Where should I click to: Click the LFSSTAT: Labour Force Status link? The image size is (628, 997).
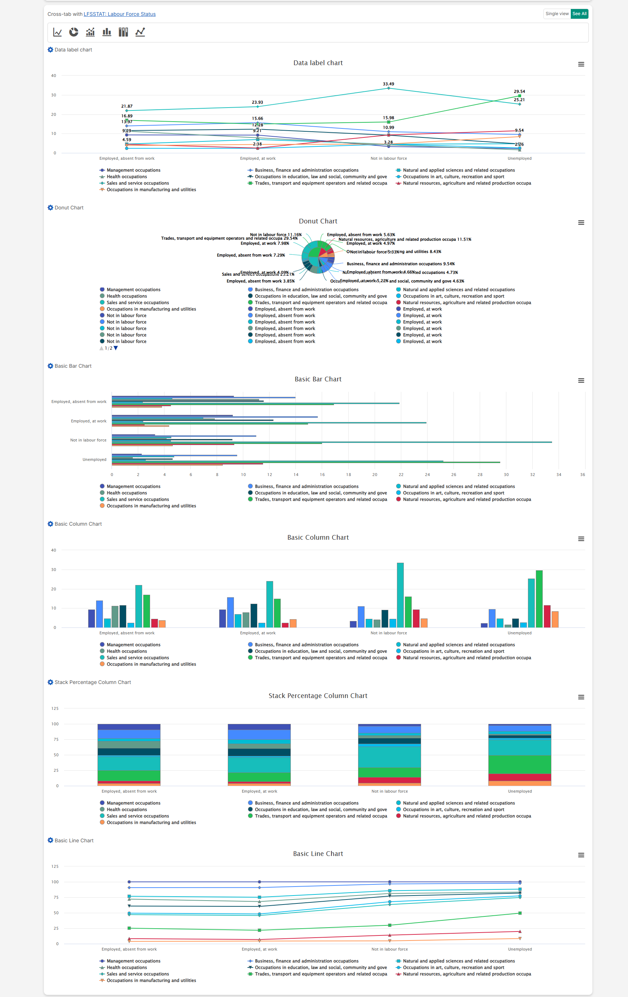tap(119, 14)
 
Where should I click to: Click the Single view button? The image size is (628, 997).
tap(557, 14)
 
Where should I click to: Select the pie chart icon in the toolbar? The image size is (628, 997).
tap(74, 32)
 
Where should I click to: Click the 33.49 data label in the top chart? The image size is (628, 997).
tap(388, 84)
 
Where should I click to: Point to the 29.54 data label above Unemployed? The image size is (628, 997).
tap(519, 91)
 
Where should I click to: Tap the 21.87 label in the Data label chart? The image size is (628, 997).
tap(127, 107)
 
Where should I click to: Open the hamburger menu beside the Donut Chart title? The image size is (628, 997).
tap(581, 223)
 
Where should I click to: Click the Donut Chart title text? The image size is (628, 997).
tap(318, 221)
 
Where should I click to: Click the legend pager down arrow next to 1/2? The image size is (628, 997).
tap(116, 348)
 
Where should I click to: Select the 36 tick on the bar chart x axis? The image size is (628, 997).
tap(582, 475)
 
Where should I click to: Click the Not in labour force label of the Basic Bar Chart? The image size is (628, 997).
tap(88, 440)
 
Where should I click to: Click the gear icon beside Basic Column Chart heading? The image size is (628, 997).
tap(50, 524)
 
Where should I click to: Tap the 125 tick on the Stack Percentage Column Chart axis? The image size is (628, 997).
tap(55, 708)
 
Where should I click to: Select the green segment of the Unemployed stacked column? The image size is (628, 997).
tap(519, 764)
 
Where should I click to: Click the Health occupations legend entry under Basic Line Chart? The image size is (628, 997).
tap(126, 967)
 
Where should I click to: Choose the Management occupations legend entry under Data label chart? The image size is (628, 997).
tap(133, 170)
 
